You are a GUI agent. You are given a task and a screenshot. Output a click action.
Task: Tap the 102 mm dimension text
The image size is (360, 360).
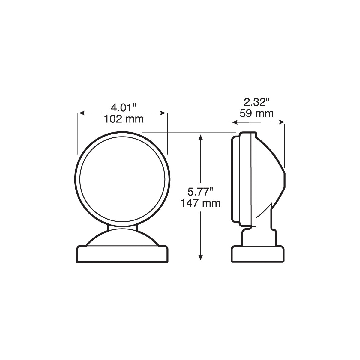coord(124,119)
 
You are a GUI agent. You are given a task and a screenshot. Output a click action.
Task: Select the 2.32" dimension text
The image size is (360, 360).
coord(256,102)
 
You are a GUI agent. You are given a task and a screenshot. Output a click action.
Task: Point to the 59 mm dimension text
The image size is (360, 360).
coord(256,113)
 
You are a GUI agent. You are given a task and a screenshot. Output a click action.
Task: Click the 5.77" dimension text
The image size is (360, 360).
coord(200,192)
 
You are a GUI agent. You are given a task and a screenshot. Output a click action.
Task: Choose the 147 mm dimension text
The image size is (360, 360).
coord(200,203)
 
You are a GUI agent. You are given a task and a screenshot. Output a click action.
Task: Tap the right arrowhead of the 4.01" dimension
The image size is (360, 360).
coord(163,113)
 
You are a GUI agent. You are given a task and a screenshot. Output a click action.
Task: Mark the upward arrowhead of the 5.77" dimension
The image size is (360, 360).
coord(200,137)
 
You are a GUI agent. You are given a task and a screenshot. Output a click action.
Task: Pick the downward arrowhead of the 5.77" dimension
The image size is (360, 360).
coord(200,257)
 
